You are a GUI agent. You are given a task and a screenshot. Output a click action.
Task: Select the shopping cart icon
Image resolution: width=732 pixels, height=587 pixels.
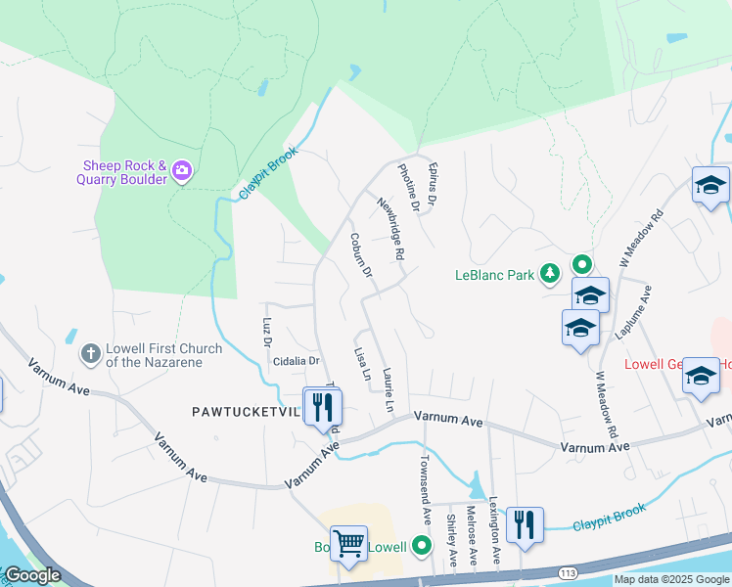point(348,542)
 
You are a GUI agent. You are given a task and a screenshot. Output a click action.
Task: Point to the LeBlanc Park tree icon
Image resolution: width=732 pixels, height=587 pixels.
point(551,274)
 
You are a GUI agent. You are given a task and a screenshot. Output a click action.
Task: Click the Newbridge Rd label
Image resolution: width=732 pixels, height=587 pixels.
point(392,227)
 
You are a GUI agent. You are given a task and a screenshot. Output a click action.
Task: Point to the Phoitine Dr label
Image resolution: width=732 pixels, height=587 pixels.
point(408,188)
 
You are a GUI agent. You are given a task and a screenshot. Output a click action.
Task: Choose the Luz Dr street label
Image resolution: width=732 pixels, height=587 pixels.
point(266,331)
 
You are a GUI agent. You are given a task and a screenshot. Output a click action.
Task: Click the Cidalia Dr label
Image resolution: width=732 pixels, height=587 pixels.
point(297,361)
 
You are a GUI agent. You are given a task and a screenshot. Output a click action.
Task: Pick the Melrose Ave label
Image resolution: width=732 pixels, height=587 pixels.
point(471,533)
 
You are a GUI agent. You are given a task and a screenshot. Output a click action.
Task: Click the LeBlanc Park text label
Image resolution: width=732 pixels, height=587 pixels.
point(495,275)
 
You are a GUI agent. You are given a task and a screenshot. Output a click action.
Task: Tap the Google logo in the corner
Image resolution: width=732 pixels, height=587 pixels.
point(31,575)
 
